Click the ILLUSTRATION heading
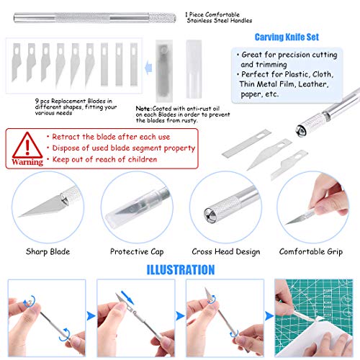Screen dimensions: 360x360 click(181, 270)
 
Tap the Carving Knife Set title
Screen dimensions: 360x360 click(287, 37)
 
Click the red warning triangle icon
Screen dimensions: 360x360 click(27, 145)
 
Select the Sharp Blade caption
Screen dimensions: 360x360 click(48, 251)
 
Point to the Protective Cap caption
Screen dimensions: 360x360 click(137, 252)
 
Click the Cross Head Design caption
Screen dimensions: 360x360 click(226, 252)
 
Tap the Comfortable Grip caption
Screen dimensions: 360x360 click(311, 252)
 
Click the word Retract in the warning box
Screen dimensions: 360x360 click(66, 137)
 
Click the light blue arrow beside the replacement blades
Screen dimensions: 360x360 click(148, 68)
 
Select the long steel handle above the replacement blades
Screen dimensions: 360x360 click(94, 18)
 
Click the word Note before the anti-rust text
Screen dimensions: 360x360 click(143, 109)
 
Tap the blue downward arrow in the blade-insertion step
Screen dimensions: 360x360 click(127, 297)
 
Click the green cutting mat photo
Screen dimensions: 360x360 click(314, 318)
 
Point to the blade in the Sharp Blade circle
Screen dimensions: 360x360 click(42, 207)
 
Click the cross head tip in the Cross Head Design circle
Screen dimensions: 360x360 click(210, 215)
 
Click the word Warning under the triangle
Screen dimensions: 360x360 click(27, 162)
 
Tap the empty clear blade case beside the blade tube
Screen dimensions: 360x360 click(194, 69)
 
